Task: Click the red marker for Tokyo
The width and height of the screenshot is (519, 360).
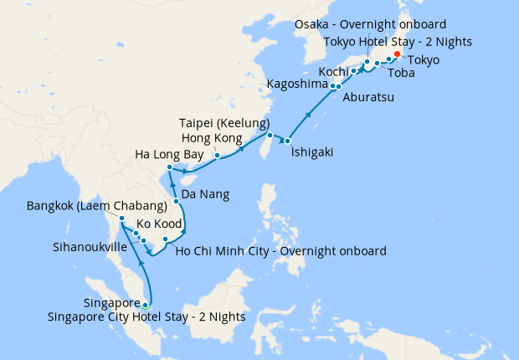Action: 398,56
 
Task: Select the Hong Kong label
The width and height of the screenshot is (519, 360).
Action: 211,138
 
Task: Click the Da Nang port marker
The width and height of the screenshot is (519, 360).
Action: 177,202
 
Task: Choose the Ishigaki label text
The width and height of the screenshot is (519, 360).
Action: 316,152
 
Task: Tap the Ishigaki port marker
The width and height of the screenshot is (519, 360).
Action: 287,140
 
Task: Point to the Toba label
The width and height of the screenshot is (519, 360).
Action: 401,73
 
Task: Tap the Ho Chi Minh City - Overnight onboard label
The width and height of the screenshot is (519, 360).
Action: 281,250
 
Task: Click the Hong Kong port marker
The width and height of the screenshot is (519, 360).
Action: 217,155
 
